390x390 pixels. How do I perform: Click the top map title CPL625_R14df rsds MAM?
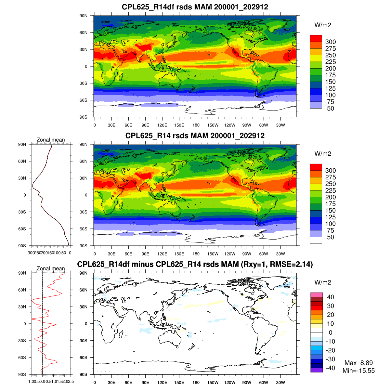195,7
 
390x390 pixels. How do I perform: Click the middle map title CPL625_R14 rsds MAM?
195,136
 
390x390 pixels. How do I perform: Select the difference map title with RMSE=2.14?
195,264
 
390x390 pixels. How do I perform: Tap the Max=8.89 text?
358,363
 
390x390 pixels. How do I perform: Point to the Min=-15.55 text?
358,370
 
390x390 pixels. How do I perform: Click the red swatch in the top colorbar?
316,38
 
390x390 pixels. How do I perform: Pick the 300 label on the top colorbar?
331,42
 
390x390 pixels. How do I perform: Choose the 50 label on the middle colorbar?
331,237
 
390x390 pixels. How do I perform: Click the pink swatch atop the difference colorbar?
316,295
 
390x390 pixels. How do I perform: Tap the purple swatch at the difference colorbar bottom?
316,370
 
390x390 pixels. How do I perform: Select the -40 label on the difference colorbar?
331,368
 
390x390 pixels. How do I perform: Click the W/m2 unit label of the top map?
323,25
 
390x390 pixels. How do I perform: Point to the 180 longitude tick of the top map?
196,125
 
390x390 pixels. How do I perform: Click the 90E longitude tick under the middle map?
145,254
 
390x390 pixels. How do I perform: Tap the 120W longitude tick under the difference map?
230,383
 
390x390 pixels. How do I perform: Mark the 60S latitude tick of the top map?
84,100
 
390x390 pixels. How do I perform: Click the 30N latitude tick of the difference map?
84,307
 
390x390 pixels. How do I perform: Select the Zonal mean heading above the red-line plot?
51,268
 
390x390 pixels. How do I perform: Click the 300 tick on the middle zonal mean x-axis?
31,253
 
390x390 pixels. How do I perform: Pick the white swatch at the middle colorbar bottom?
316,240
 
